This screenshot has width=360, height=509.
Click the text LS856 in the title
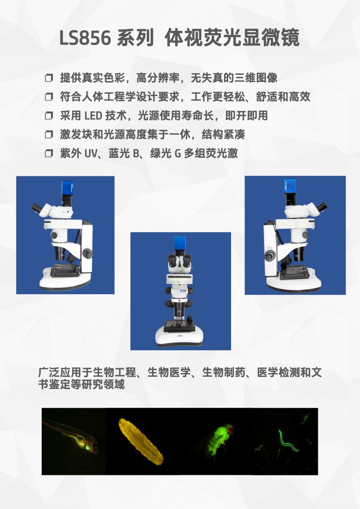tap(85, 37)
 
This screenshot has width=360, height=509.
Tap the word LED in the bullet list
tap(93, 116)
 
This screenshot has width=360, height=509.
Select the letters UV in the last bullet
tap(91, 153)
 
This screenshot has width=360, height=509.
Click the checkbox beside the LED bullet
tap(49, 116)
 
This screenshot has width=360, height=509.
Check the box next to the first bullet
tap(49, 78)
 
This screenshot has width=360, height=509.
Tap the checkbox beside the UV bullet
tap(49, 153)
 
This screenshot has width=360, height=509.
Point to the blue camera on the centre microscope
tap(180, 243)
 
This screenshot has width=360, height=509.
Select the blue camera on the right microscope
tap(290, 186)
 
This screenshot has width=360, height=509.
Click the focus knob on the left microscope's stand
tap(87, 253)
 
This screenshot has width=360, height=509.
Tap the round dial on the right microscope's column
tap(270, 256)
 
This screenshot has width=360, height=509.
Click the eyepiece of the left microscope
tap(36, 208)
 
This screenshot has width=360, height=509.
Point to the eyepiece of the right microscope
tap(322, 207)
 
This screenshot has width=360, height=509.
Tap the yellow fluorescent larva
tap(140, 441)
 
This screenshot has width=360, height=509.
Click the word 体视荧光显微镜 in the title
tap(232, 37)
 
